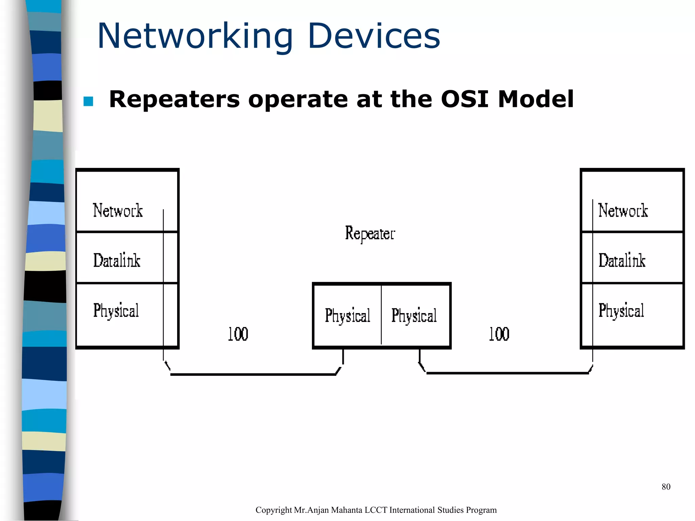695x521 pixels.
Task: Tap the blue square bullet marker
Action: click(88, 101)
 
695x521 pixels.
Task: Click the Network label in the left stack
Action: click(118, 211)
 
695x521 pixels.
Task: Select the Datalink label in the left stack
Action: click(117, 260)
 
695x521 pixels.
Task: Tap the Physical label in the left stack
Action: click(116, 311)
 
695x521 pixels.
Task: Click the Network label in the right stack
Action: click(623, 211)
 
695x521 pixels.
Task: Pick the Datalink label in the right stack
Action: click(622, 260)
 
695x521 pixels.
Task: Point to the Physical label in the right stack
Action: click(621, 311)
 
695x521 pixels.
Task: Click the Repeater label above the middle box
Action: click(370, 234)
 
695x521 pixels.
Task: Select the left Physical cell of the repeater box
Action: click(347, 315)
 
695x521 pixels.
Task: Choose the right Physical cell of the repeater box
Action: click(414, 315)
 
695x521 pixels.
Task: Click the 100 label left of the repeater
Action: click(238, 334)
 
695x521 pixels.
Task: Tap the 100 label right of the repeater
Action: click(499, 334)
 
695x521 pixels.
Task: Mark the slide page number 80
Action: click(666, 487)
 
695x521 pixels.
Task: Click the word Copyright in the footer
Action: click(274, 510)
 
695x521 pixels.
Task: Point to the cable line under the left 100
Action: click(253, 374)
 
